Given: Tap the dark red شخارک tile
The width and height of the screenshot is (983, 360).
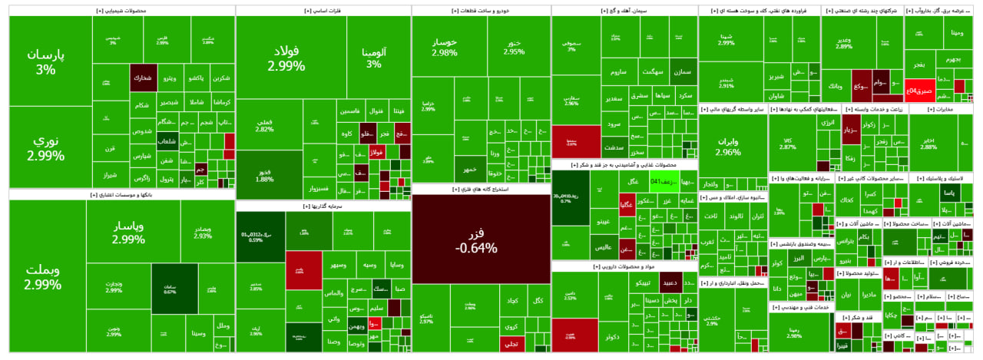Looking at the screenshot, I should [x=143, y=78].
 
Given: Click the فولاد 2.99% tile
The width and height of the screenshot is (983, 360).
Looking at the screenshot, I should [x=286, y=59].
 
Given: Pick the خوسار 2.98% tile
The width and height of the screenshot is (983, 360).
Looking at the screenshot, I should [x=445, y=48].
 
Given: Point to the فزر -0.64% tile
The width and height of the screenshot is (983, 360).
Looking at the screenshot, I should [x=481, y=240].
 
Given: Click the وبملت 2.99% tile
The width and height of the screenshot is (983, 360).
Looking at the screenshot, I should [x=43, y=277].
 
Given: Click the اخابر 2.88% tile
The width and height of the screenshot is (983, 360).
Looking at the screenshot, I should [x=928, y=143].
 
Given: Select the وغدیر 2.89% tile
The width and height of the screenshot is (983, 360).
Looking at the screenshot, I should [x=844, y=43].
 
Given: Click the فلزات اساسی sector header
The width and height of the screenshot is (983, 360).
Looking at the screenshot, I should [x=323, y=11].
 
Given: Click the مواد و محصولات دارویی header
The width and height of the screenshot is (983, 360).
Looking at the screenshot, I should [x=624, y=266].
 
